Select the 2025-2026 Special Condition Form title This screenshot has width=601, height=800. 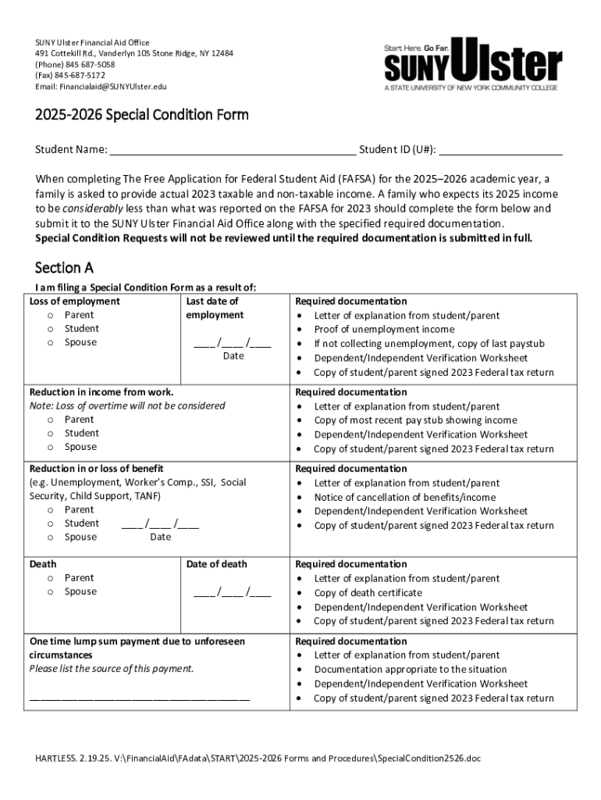141,116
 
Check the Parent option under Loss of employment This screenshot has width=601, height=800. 51,316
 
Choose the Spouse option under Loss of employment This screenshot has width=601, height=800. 51,343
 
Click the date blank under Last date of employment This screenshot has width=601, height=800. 233,342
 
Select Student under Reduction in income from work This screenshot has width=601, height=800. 51,434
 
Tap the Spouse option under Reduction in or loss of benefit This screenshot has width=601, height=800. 51,537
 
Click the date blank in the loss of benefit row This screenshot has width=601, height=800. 160,524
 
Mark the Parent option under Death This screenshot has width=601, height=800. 51,578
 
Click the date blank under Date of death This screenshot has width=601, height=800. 233,592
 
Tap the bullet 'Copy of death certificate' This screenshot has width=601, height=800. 368,593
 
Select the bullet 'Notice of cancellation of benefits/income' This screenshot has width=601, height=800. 404,498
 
